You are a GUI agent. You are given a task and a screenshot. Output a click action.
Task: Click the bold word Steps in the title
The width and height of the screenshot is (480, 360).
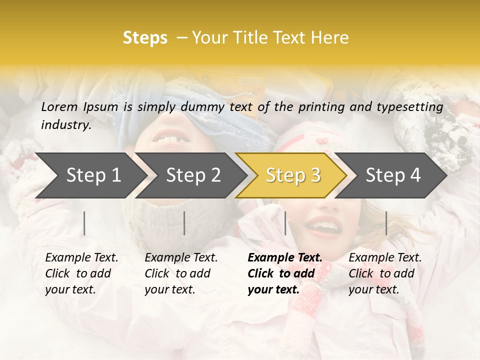tap(145, 38)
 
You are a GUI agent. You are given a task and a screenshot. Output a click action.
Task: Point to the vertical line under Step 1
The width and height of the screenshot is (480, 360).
tap(84, 223)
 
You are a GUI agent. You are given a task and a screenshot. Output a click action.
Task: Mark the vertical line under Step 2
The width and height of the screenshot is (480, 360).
tap(184, 223)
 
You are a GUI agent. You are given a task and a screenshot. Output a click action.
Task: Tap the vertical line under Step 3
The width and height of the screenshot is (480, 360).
tap(285, 223)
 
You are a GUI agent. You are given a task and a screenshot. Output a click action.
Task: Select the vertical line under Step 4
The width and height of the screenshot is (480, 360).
tap(386, 223)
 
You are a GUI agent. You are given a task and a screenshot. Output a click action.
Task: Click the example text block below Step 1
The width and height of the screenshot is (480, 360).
tap(81, 273)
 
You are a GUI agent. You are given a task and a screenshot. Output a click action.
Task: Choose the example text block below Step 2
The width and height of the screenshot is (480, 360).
tap(181, 273)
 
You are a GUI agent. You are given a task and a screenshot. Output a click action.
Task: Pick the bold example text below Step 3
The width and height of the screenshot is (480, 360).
tap(284, 273)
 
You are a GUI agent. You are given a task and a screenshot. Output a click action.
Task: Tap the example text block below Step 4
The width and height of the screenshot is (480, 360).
tap(385, 273)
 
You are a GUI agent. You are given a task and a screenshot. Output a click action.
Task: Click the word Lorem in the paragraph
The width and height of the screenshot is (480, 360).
tap(59, 106)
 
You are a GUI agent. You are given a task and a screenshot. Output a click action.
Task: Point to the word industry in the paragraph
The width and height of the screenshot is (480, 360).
tap(66, 125)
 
